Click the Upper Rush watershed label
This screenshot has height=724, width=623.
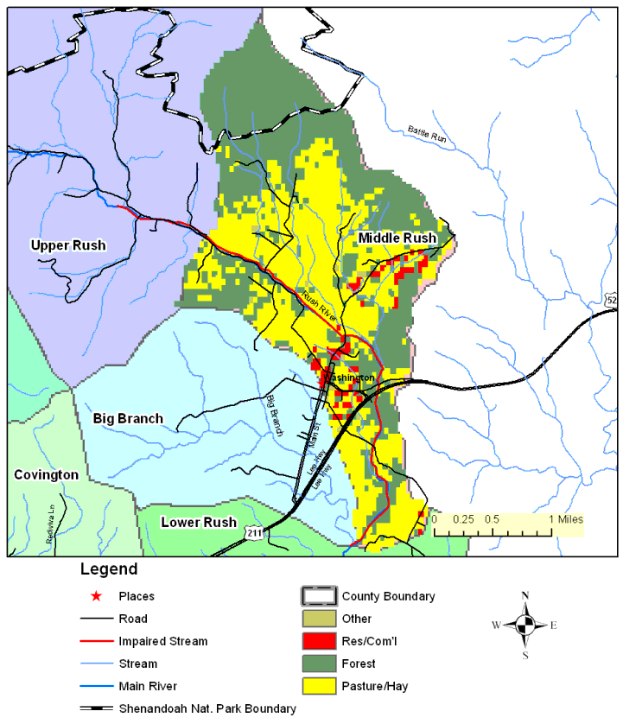(x=68, y=245)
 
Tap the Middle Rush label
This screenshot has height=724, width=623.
(x=397, y=238)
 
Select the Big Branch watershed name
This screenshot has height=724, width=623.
(x=128, y=418)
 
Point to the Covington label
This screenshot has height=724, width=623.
(x=46, y=475)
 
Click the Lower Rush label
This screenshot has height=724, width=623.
(x=199, y=522)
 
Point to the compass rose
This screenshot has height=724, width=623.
(x=524, y=625)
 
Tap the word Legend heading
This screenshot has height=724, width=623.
(x=108, y=570)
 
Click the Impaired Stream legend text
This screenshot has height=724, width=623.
(x=162, y=641)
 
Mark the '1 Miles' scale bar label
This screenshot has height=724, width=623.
(x=566, y=519)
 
